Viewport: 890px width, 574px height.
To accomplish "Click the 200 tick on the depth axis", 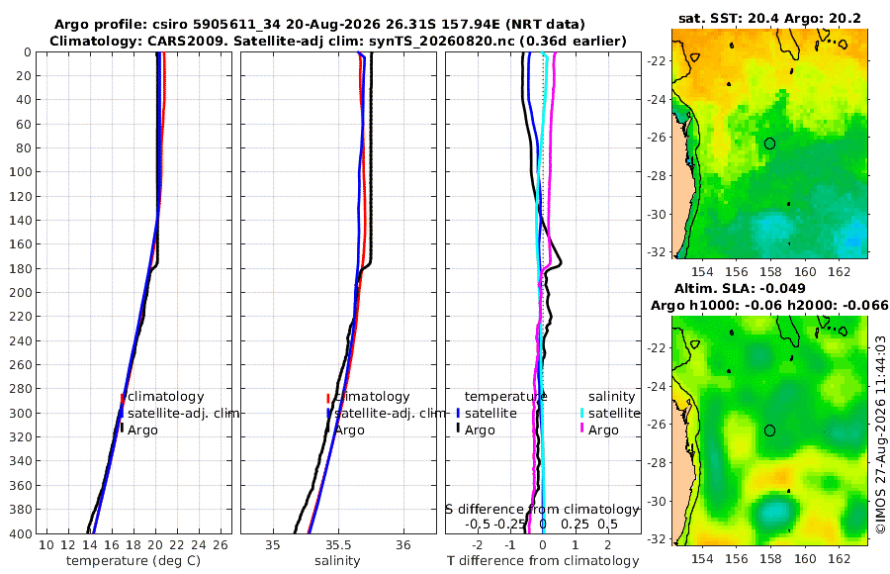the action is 21,292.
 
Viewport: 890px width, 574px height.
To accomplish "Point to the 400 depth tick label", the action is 21,533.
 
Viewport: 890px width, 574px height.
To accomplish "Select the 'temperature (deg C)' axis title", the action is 133,561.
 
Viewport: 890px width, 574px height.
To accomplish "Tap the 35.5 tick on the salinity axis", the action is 338,545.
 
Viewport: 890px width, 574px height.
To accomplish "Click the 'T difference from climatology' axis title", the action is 543,561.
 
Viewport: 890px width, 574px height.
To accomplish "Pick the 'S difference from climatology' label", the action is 543,509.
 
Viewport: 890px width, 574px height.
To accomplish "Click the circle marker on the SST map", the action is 769,143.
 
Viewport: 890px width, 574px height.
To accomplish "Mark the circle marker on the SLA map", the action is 769,430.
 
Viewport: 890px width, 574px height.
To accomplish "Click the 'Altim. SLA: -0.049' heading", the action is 740,288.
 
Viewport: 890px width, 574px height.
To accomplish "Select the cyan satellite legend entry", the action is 609,413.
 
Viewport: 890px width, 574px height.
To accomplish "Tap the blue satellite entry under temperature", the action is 487,413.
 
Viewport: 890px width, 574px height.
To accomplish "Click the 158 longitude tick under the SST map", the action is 770,271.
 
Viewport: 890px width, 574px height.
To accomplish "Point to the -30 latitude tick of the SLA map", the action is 658,501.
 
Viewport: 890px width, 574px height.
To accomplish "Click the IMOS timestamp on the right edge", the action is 880,434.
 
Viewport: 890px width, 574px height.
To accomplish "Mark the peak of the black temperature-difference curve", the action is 561,263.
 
